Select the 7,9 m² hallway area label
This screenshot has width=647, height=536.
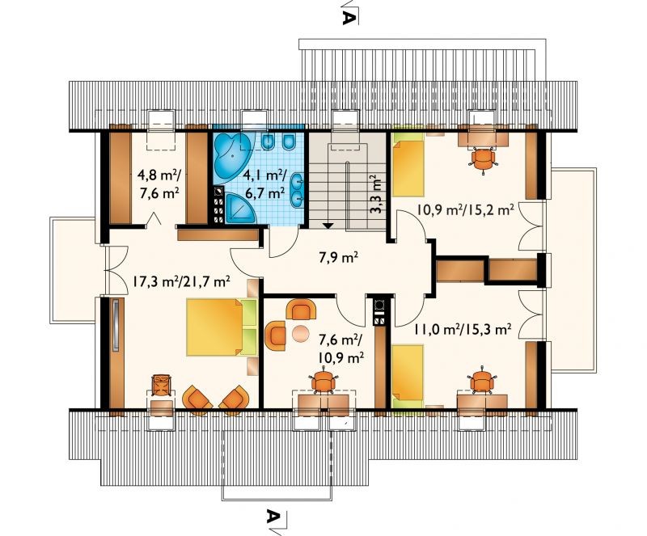pos(338,259)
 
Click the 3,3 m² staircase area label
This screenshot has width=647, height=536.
pos(375,194)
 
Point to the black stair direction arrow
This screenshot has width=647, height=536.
pos(328,226)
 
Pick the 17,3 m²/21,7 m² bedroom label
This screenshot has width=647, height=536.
pos(181,282)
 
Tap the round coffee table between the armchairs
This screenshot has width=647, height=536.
pos(299,333)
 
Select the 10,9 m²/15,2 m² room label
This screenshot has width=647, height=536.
pos(465,210)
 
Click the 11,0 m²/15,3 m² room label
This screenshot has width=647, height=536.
pos(463,329)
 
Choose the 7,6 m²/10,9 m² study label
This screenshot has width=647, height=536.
pos(340,348)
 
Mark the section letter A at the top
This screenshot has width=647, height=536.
pos(349,18)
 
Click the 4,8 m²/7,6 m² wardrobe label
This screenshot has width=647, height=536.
pos(159,184)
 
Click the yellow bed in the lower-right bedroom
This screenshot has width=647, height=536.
pos(408,375)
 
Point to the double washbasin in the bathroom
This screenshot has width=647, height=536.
pos(298,190)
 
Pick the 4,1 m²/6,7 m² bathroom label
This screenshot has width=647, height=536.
pos(264,184)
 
